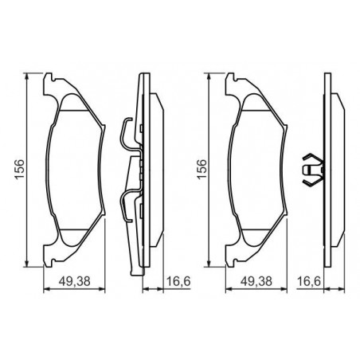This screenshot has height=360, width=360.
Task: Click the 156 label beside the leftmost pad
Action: pos(20,170)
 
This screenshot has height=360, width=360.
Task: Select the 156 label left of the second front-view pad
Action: pos(202,170)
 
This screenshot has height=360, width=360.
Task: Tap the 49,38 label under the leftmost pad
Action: pos(74,281)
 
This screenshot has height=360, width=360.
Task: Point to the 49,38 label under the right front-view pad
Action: pos(256,281)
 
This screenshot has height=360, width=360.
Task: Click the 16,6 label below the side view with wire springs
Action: pos(178,281)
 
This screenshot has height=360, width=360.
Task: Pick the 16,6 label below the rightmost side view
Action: pos(309,281)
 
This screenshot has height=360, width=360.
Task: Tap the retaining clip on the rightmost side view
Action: pos(313,169)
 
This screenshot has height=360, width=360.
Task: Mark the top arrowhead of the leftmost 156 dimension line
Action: pos(26,76)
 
